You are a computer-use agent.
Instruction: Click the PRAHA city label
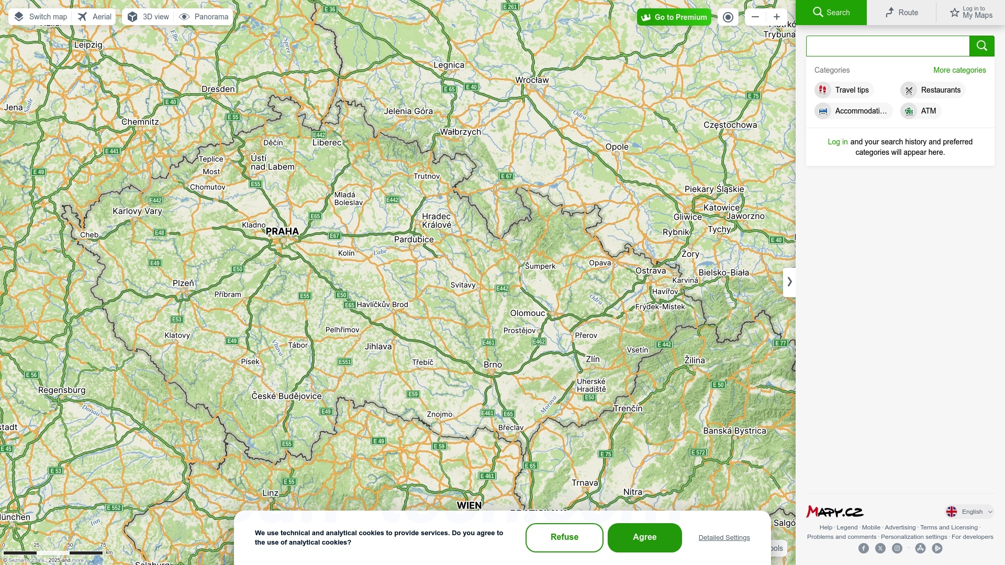(x=282, y=231)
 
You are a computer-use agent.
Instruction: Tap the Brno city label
(x=493, y=365)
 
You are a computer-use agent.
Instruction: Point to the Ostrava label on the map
(x=651, y=270)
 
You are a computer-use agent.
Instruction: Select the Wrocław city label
(x=532, y=80)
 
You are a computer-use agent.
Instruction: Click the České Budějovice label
(x=286, y=396)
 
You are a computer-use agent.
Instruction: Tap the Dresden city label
(x=218, y=89)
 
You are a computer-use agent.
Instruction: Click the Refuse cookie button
(x=564, y=537)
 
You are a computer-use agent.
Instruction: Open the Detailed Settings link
(x=724, y=538)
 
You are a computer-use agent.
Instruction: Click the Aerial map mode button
(x=95, y=17)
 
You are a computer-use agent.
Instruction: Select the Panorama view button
(x=204, y=17)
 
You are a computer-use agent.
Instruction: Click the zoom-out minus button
(x=755, y=17)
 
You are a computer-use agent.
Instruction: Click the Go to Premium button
(x=674, y=17)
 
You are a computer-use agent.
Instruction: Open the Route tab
(x=901, y=13)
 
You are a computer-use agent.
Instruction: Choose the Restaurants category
(x=933, y=90)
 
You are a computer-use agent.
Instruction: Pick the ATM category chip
(x=921, y=111)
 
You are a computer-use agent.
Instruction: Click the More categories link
(x=959, y=70)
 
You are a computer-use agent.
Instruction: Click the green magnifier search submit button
(x=981, y=46)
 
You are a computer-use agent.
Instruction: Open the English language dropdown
(x=969, y=512)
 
